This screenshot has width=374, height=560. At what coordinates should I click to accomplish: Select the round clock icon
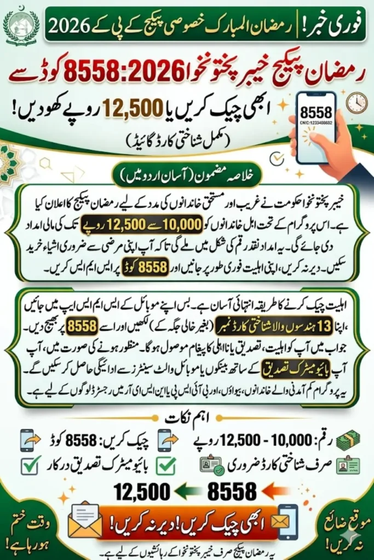click(356, 102)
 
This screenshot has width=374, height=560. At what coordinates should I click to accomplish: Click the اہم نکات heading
click(187, 419)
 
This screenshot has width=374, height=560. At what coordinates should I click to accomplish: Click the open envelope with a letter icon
click(84, 522)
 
